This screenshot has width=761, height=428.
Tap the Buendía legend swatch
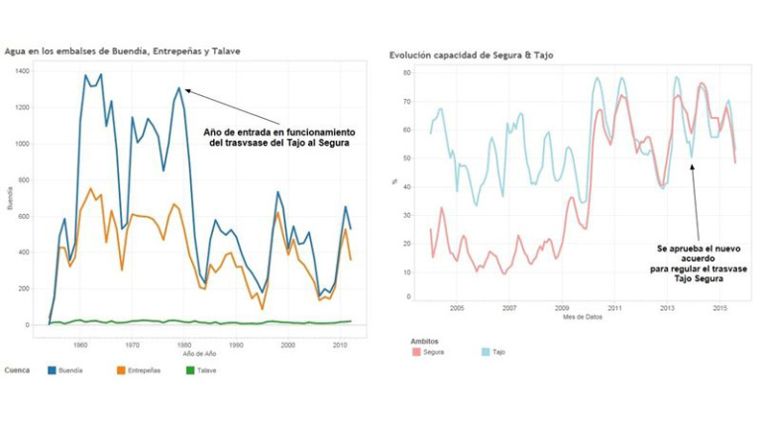(x=53, y=371)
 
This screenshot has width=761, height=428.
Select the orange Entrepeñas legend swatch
(x=121, y=371)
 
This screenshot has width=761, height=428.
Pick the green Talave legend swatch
(x=190, y=371)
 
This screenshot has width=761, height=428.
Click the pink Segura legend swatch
(x=416, y=351)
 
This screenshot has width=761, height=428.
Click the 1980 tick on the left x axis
(x=184, y=344)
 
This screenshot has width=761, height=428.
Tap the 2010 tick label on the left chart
(x=339, y=344)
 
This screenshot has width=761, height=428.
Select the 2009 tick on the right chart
(x=562, y=308)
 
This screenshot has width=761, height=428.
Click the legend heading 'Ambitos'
(x=424, y=340)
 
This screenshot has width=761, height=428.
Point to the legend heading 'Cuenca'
(x=17, y=371)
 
